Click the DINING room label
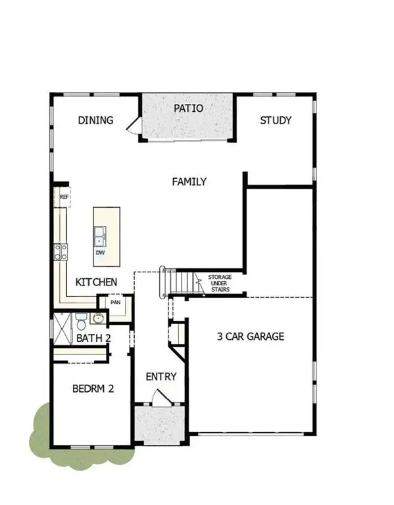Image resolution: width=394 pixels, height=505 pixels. tap(96, 120)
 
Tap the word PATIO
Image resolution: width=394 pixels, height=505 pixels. tap(188, 108)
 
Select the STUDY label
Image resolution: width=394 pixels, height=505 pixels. tap(276, 120)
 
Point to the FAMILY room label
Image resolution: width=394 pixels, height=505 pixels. tap(189, 181)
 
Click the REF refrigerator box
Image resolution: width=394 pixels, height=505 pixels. tap(64, 197)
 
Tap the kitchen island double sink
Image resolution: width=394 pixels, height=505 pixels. tap(101, 234)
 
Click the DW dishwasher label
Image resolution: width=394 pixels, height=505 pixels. tap(101, 252)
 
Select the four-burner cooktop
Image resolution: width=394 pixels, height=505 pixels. tap(61, 250)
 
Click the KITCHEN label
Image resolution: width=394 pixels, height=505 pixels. tap(97, 282)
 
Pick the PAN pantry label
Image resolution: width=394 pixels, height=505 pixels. tap(116, 303)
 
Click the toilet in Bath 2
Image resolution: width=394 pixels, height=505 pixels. tap(81, 322)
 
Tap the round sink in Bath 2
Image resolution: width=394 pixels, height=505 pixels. tap(98, 319)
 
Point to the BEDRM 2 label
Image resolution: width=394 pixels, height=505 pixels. tap(93, 389)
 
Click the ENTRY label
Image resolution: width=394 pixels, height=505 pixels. tap(161, 377)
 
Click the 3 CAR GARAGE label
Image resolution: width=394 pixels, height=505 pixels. tap(251, 336)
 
